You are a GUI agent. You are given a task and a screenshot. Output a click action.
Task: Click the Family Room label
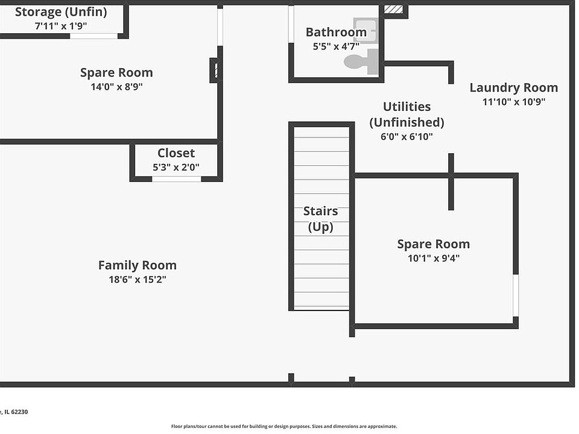click(x=138, y=265)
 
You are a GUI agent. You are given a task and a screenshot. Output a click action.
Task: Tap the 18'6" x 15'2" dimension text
click(x=138, y=279)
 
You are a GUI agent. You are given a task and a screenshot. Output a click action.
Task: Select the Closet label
click(x=176, y=153)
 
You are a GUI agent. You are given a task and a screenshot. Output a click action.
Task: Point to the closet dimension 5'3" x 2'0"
click(x=176, y=167)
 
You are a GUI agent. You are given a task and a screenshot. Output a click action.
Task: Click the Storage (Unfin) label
click(x=61, y=12)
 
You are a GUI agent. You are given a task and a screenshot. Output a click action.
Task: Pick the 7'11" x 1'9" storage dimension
click(x=61, y=26)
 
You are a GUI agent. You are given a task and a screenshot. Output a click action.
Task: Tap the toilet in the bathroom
click(x=361, y=61)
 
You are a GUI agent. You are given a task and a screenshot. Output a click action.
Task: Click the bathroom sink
click(x=365, y=30)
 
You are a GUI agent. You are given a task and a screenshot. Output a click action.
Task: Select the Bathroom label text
click(x=336, y=32)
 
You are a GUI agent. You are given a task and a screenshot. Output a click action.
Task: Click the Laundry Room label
click(x=514, y=88)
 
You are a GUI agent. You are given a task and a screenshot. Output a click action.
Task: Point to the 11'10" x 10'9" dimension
click(x=514, y=101)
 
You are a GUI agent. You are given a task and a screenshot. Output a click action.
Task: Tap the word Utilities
click(x=407, y=107)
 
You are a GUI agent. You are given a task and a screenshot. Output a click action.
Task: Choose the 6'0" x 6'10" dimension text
click(x=407, y=137)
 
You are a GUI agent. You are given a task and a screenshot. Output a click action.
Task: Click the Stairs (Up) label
click(x=320, y=218)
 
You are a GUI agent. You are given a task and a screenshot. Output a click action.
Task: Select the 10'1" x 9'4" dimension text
click(x=434, y=258)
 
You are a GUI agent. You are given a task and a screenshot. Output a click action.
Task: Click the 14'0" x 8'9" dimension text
click(x=116, y=87)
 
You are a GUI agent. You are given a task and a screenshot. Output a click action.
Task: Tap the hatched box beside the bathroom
click(x=394, y=9)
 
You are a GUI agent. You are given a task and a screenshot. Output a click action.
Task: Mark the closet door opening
click(x=177, y=179)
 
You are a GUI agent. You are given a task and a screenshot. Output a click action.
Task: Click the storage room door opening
click(x=94, y=36)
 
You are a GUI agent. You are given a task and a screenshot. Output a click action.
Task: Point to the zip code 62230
click(x=19, y=412)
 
